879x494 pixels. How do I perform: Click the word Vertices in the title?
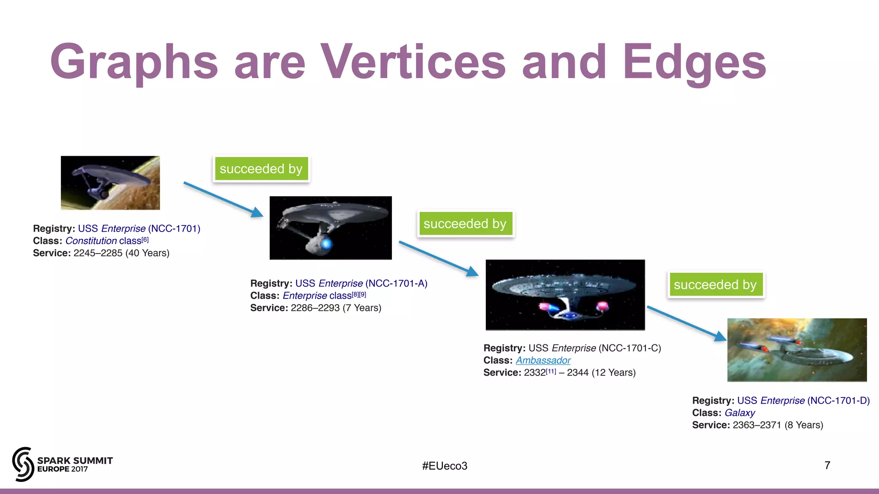click(413, 62)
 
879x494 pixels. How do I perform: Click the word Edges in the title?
click(694, 62)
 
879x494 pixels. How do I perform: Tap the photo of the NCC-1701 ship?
click(110, 183)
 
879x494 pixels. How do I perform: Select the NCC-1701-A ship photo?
click(330, 228)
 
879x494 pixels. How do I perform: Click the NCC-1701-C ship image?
click(565, 295)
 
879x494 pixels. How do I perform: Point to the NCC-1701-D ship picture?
click(797, 349)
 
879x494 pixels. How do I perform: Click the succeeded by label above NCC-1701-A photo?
click(261, 169)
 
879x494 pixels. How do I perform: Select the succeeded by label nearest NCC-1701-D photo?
click(715, 284)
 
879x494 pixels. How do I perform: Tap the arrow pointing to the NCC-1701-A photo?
click(223, 199)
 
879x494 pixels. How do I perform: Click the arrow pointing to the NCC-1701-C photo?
click(438, 259)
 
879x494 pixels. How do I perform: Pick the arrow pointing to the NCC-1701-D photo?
click(686, 323)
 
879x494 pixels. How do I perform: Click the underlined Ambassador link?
click(543, 360)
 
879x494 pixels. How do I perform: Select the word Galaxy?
click(740, 413)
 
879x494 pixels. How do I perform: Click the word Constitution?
click(91, 241)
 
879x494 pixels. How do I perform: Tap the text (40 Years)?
click(147, 253)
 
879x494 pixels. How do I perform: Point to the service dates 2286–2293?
click(315, 308)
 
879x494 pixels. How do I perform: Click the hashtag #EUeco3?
click(444, 466)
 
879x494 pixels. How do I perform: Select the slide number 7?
click(827, 465)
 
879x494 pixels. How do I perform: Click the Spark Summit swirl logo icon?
click(23, 464)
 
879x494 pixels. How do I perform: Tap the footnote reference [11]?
click(551, 371)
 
